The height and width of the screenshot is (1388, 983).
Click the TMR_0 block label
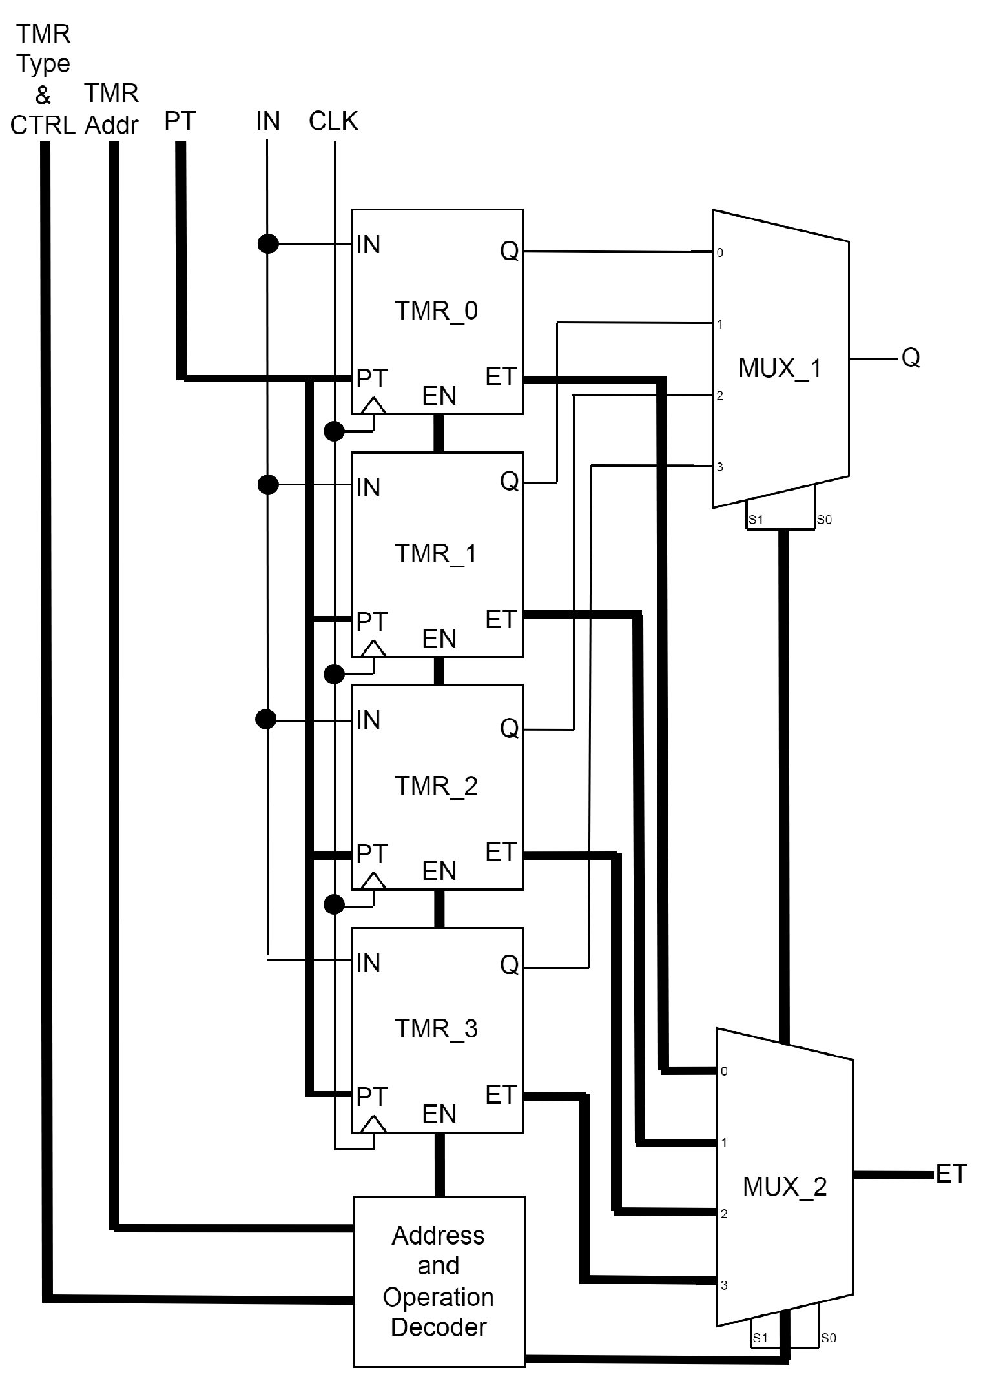436,311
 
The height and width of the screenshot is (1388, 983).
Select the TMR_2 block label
436,786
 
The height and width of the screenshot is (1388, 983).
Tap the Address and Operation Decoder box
439,1281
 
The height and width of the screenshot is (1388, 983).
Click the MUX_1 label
780,369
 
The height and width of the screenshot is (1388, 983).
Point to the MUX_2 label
784,1187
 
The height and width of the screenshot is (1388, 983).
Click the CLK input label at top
333,121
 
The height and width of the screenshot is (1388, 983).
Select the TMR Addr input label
112,110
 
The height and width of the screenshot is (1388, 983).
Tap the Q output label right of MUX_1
911,357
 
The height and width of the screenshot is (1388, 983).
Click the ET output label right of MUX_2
951,1174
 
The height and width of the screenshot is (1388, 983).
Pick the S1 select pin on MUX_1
756,520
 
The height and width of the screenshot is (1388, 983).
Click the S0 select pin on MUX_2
828,1338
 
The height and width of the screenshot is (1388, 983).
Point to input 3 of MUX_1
719,467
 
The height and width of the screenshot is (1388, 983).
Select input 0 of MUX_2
724,1071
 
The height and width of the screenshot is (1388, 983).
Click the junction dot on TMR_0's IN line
268,244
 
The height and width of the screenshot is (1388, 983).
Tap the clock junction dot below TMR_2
334,904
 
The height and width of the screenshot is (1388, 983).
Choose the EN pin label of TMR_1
439,639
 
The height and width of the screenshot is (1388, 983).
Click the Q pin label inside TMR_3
509,965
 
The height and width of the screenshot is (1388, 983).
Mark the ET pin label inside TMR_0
501,377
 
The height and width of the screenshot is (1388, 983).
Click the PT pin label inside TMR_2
371,854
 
